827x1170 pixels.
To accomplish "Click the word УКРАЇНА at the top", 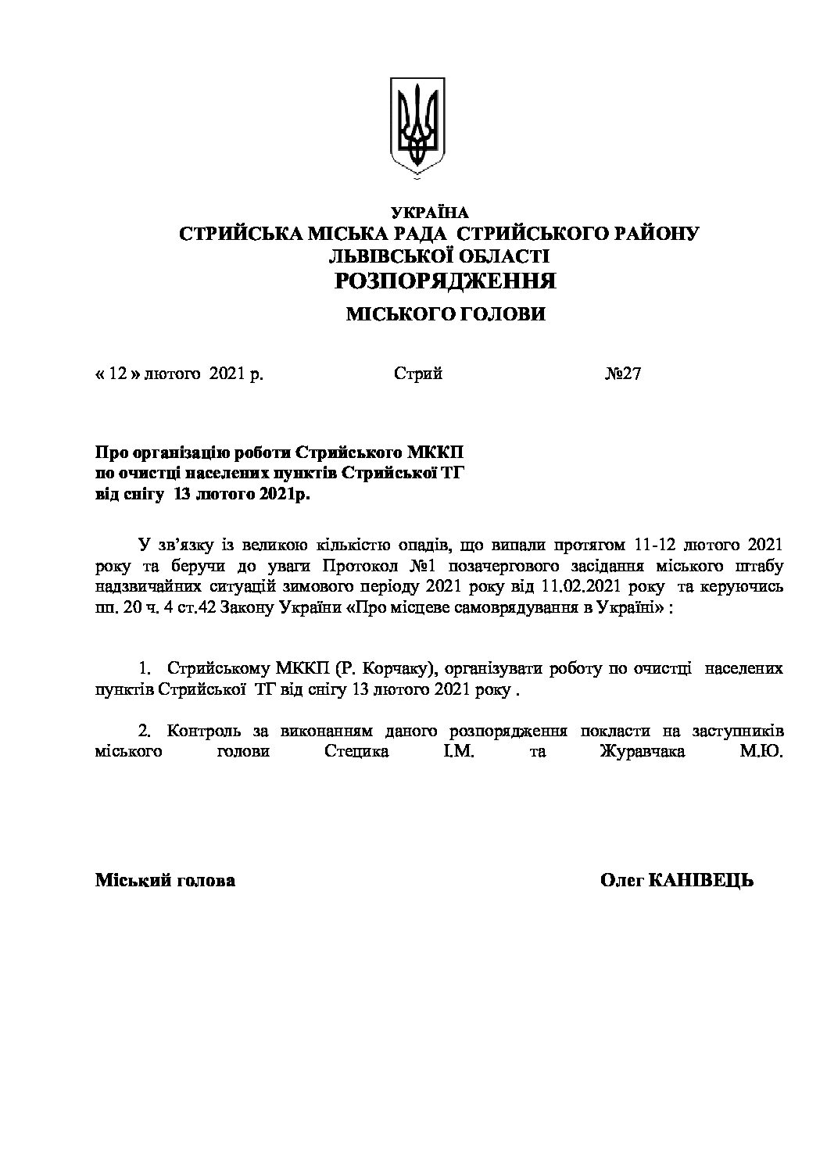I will tap(429, 213).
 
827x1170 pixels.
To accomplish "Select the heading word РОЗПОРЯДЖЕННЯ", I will tap(445, 281).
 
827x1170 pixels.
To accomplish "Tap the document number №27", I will tap(623, 374).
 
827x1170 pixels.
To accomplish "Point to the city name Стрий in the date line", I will tap(418, 374).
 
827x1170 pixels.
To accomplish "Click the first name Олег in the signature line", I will tap(621, 881).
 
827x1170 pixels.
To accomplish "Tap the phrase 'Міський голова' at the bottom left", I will tap(165, 881).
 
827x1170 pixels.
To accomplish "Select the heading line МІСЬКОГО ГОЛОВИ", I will tap(446, 315).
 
